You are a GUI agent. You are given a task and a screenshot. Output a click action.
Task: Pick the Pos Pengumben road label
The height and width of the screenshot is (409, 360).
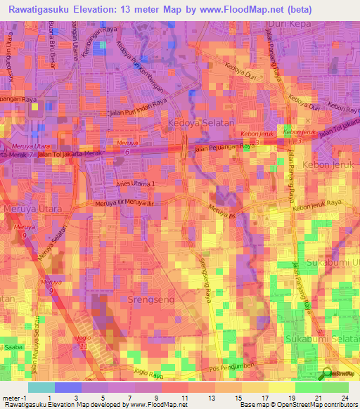228,369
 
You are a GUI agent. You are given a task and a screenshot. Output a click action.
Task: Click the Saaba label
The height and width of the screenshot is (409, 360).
14,347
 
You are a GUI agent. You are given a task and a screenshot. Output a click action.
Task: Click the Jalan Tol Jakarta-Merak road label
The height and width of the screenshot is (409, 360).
65,154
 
